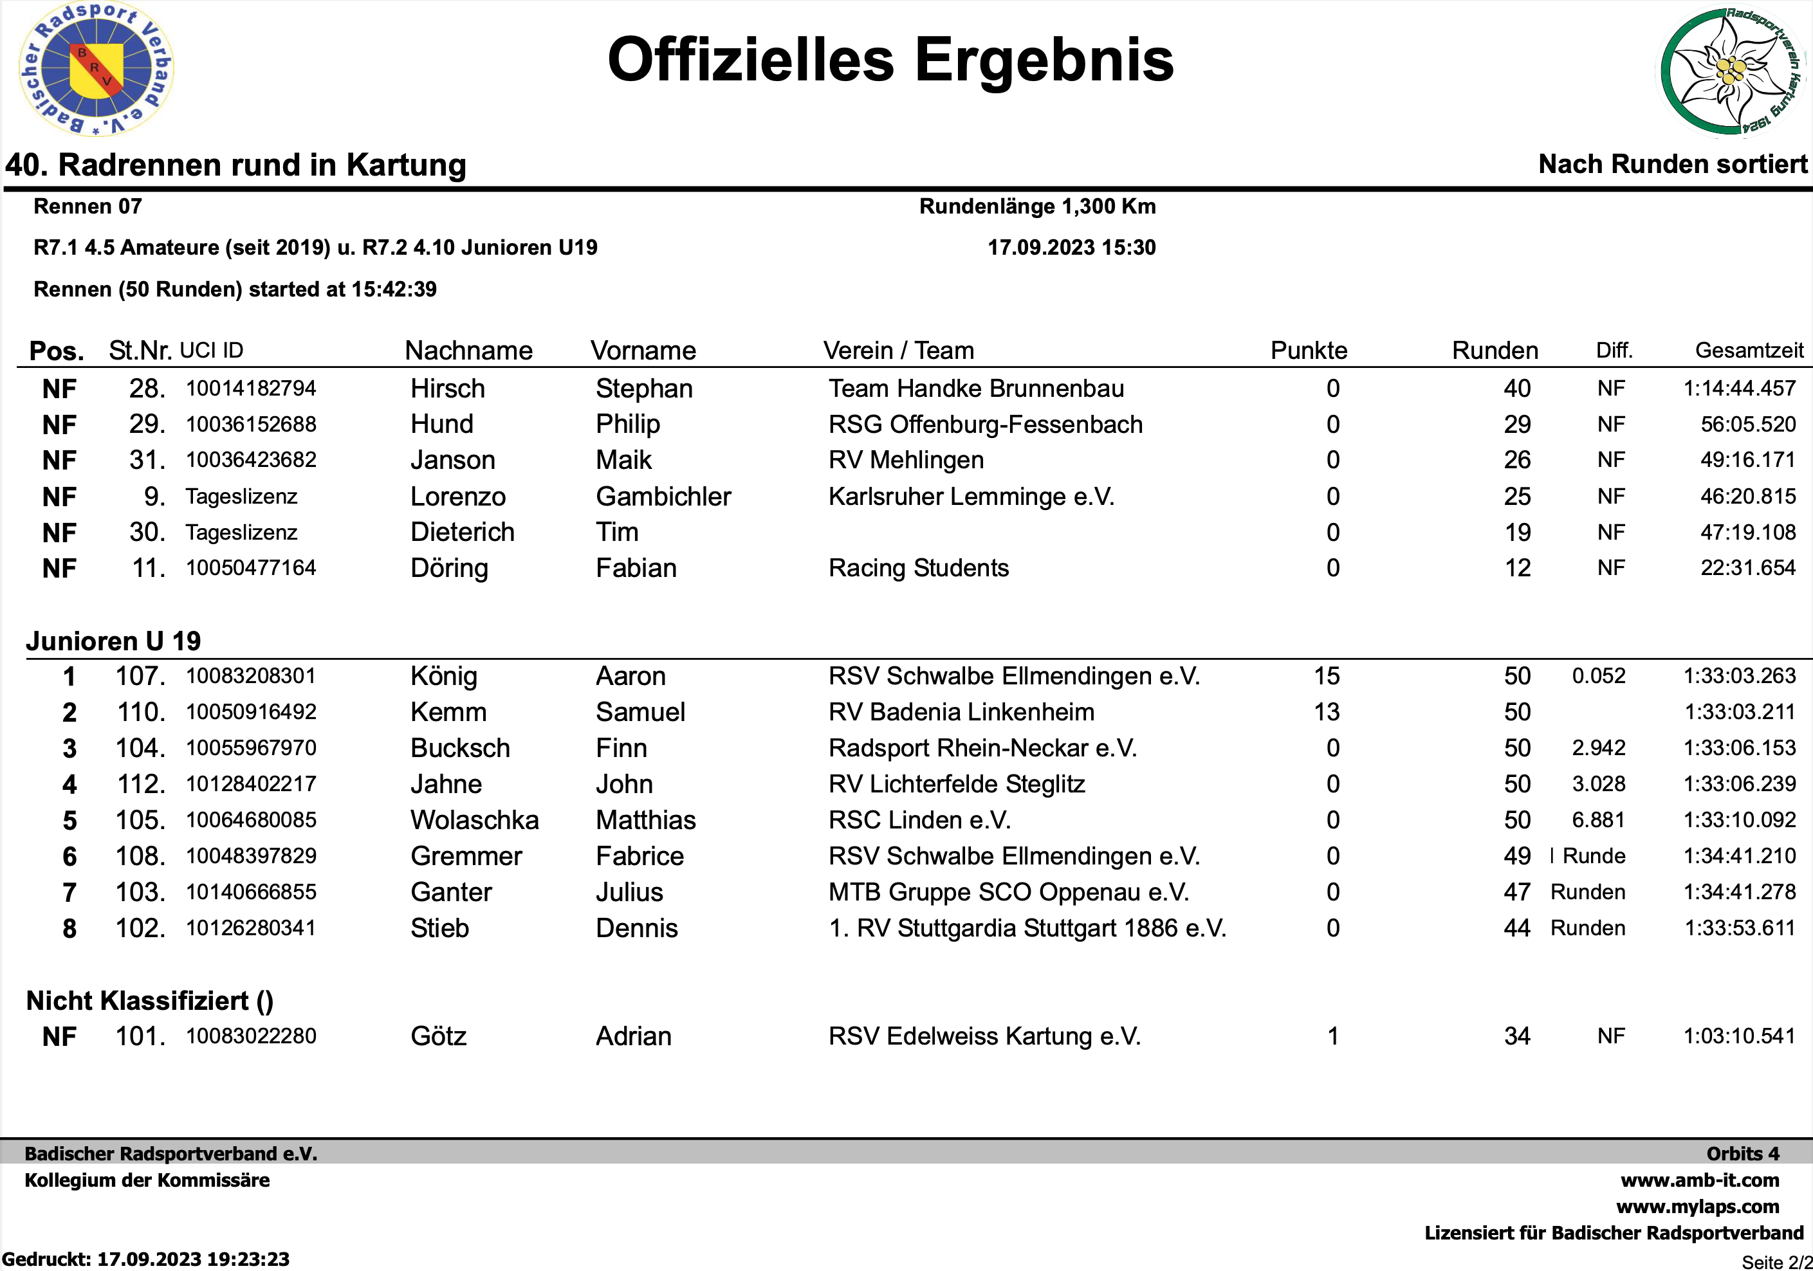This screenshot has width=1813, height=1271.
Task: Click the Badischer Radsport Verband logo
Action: pyautogui.click(x=96, y=69)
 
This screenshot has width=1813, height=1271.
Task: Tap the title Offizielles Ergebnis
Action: pyautogui.click(x=890, y=60)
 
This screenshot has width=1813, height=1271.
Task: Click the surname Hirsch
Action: pyautogui.click(x=447, y=389)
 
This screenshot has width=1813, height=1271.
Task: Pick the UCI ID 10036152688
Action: pyautogui.click(x=250, y=424)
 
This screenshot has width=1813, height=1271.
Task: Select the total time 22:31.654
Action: pyautogui.click(x=1747, y=567)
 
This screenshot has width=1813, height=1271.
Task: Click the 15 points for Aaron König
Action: pyautogui.click(x=1326, y=676)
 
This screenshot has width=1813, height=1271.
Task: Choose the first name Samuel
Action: pyautogui.click(x=640, y=712)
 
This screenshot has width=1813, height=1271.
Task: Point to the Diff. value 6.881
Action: pyautogui.click(x=1597, y=819)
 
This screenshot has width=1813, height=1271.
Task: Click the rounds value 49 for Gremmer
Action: pyautogui.click(x=1516, y=855)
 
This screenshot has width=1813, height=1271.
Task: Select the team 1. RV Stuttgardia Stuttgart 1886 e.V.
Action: pyautogui.click(x=1027, y=928)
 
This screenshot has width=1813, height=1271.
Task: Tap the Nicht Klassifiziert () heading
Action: pyautogui.click(x=149, y=1000)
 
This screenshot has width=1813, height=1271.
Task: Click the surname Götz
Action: pyautogui.click(x=438, y=1036)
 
